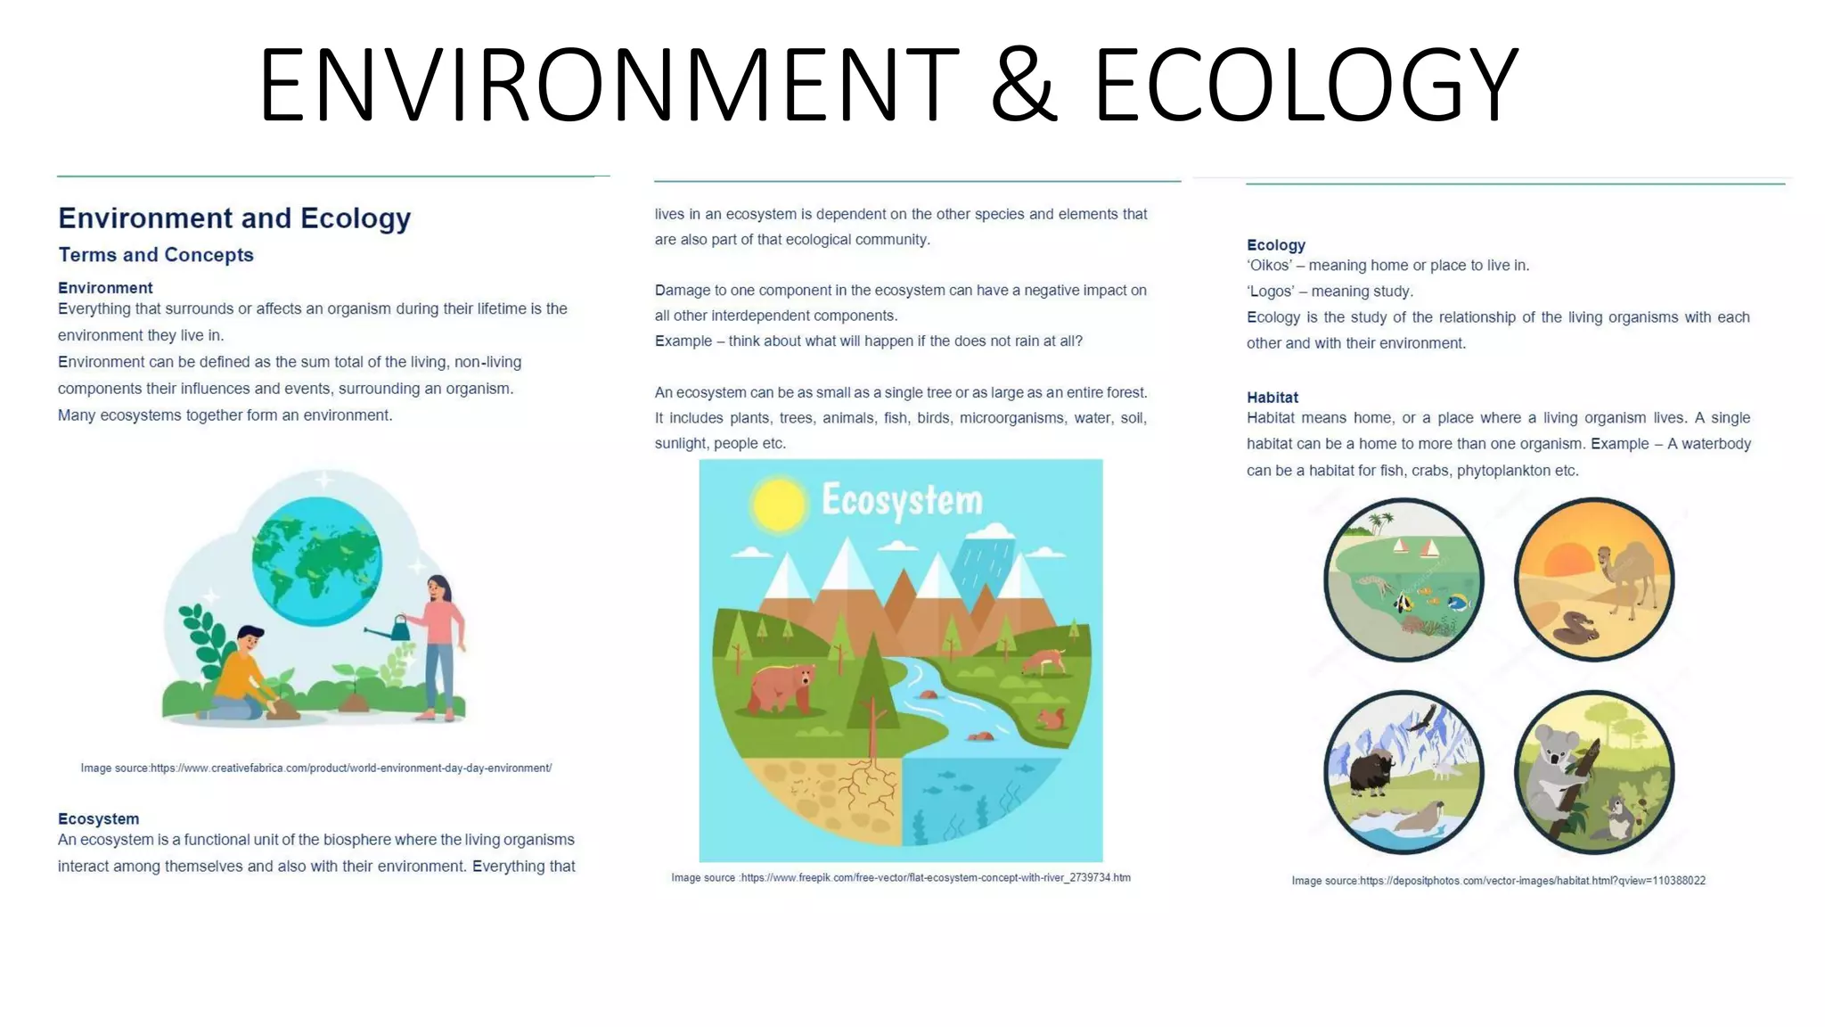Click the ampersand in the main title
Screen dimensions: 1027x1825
tap(1024, 85)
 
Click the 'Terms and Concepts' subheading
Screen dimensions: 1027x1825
tap(156, 255)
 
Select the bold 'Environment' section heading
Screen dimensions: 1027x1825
tap(105, 288)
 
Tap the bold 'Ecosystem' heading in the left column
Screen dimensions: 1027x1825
tap(98, 818)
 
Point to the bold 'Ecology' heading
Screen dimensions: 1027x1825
tap(1275, 245)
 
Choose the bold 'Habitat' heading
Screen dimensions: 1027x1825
tap(1272, 398)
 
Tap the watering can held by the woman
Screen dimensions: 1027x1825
tap(397, 629)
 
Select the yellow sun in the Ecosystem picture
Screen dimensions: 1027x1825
tap(778, 505)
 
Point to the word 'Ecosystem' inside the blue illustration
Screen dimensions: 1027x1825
tap(902, 500)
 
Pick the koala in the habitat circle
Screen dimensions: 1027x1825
tap(1554, 767)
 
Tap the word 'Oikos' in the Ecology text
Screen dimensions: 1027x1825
tap(1269, 266)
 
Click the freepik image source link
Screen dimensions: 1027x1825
tap(936, 878)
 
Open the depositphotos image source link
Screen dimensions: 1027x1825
tap(1532, 881)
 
